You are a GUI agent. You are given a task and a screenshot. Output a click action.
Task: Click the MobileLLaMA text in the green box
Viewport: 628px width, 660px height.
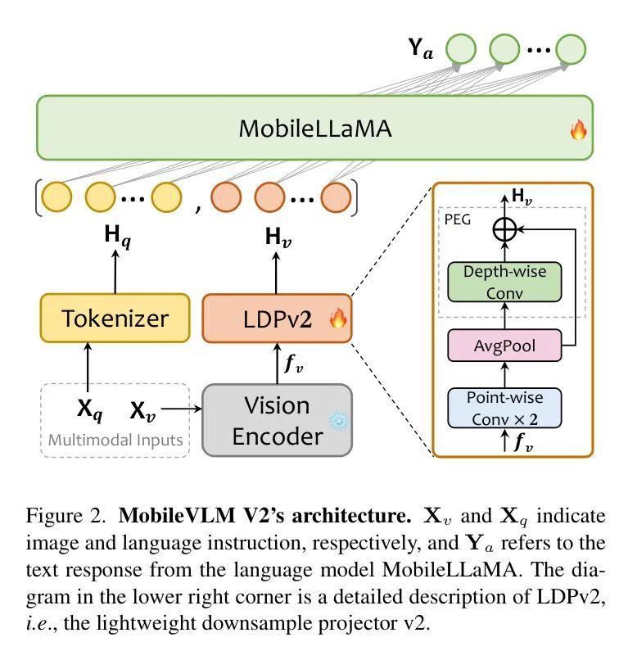point(314,129)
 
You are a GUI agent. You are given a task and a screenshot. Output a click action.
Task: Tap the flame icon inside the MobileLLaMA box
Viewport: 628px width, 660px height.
point(578,129)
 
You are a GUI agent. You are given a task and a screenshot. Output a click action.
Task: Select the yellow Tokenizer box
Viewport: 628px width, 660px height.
point(115,319)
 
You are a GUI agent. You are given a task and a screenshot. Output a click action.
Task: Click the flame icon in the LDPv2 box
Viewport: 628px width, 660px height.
point(338,319)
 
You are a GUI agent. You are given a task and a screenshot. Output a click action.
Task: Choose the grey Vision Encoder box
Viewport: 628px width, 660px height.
point(277,420)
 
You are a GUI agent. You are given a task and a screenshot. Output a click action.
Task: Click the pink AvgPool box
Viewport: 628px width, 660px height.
point(505,346)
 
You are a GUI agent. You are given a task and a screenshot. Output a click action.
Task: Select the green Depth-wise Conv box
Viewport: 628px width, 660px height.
point(504,282)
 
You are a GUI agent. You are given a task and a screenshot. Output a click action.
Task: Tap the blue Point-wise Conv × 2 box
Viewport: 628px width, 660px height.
point(504,408)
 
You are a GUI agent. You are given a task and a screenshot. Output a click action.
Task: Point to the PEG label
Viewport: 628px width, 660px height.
point(457,219)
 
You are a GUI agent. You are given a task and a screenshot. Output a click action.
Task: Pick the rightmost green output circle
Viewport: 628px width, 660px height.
point(571,48)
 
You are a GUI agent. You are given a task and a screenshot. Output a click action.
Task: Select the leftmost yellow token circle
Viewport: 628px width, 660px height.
point(57,197)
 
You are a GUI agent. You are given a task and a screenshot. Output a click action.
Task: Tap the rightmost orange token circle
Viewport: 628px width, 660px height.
point(336,197)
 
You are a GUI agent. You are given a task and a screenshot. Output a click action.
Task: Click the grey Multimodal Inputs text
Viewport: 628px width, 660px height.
point(115,440)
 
